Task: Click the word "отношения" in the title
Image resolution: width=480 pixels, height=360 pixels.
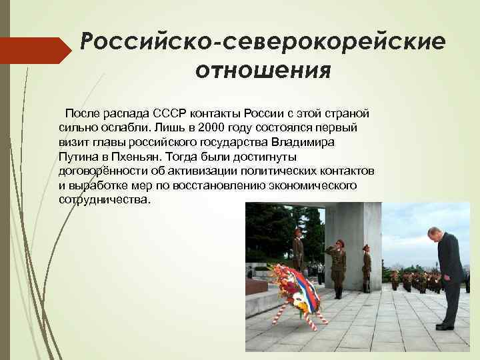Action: click(263, 70)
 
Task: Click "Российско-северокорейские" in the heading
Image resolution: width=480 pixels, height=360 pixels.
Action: click(262, 41)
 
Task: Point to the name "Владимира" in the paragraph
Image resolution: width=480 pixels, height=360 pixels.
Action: click(304, 140)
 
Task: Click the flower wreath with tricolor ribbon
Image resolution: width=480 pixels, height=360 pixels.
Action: click(293, 290)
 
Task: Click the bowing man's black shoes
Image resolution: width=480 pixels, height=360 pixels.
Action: click(445, 326)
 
